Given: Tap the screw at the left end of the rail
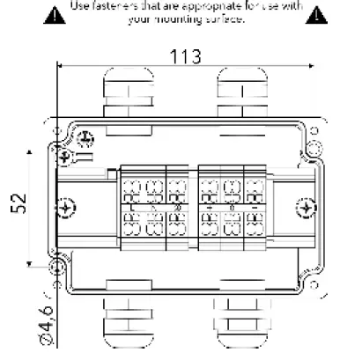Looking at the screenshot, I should point(65,209).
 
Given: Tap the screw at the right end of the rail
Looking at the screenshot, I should point(305,209).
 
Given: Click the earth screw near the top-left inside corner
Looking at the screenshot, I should point(86,138).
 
